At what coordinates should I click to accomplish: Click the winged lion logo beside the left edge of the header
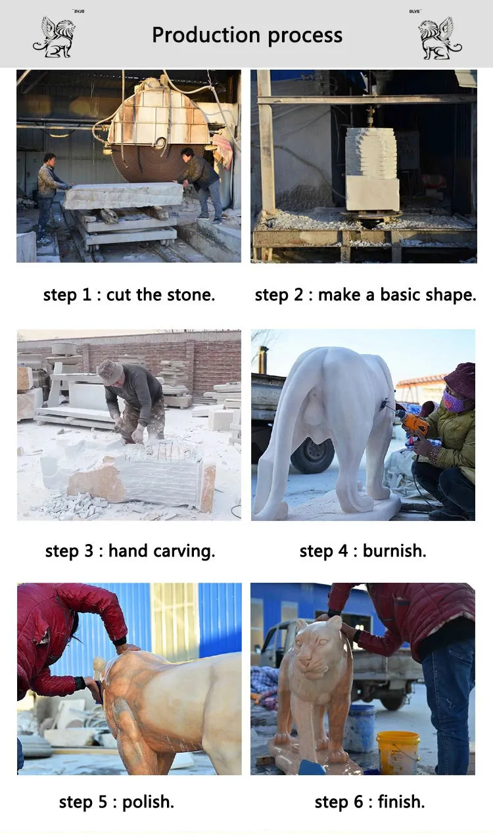(x=55, y=37)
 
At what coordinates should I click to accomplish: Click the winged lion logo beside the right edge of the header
(x=440, y=38)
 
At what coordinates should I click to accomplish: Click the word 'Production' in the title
(x=206, y=35)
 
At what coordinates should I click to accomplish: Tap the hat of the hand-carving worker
(x=110, y=372)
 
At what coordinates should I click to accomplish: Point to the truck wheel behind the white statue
(x=312, y=455)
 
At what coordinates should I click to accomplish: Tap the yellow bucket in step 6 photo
(x=398, y=752)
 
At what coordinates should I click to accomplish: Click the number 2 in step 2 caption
(x=298, y=295)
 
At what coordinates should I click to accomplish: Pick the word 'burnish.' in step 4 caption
(x=394, y=551)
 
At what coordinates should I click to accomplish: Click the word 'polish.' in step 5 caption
(x=149, y=802)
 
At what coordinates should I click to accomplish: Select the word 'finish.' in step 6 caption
(x=401, y=802)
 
